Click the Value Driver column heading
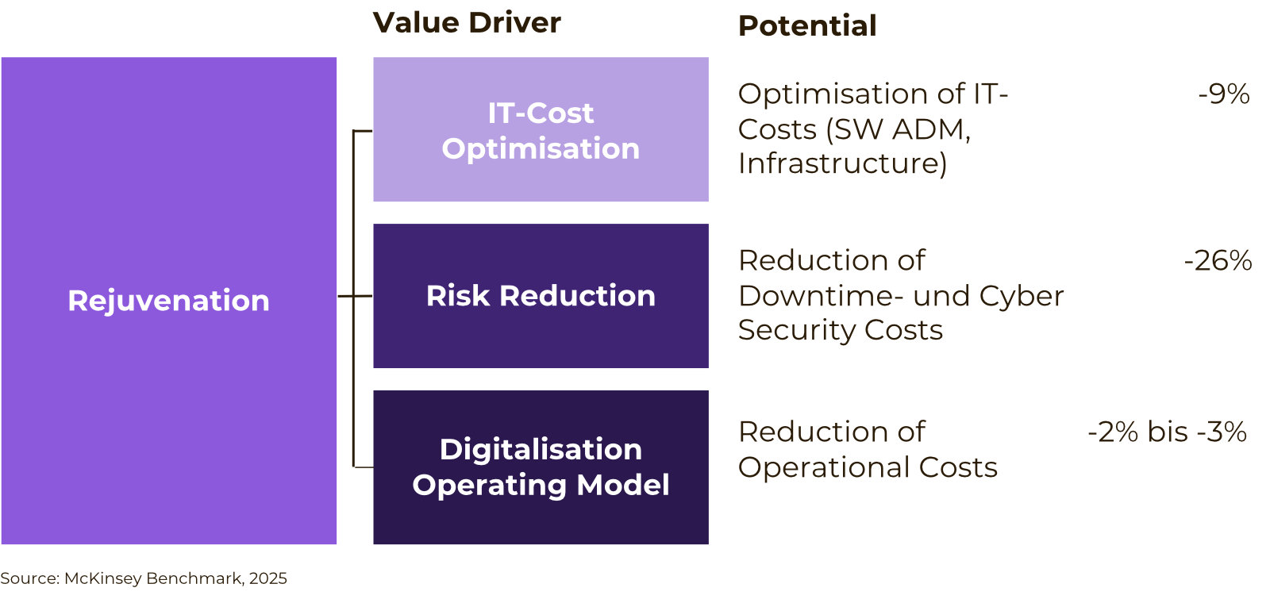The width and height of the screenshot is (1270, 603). click(467, 23)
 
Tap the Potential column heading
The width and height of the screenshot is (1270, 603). click(807, 25)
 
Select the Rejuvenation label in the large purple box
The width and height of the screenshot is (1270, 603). click(168, 301)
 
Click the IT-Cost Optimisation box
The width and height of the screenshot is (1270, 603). click(541, 129)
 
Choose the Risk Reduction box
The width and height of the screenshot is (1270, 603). click(541, 296)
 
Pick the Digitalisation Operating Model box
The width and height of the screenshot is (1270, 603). click(541, 467)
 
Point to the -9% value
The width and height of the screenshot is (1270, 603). click(1224, 94)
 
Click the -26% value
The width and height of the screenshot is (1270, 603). click(1218, 261)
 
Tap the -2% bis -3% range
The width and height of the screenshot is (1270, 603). click(1168, 432)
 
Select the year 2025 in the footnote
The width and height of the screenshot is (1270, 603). click(268, 578)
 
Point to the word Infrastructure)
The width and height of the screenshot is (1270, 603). click(842, 163)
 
